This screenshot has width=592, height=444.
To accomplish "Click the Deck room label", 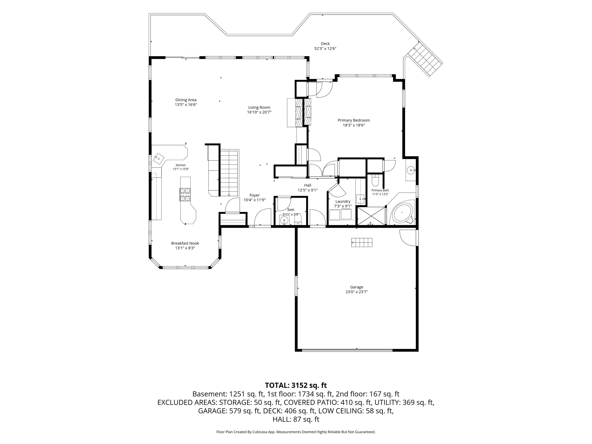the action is tap(325, 44).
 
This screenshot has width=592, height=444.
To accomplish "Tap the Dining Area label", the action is tap(186, 100).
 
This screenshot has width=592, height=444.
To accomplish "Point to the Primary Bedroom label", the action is tap(354, 120).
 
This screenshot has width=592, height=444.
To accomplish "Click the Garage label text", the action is tap(357, 287).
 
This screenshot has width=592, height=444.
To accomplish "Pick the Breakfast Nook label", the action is tap(185, 243).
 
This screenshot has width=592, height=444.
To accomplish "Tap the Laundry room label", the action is tap(343, 201).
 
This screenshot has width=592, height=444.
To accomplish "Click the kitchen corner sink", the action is tap(159, 159).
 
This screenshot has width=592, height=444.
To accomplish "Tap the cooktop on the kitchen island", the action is tap(185, 195).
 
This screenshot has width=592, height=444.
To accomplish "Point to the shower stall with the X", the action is tap(371, 216).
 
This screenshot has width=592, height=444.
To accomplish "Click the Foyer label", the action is tap(255, 195).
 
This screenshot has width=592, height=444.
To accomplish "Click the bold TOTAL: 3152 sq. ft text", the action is tap(296, 385).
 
